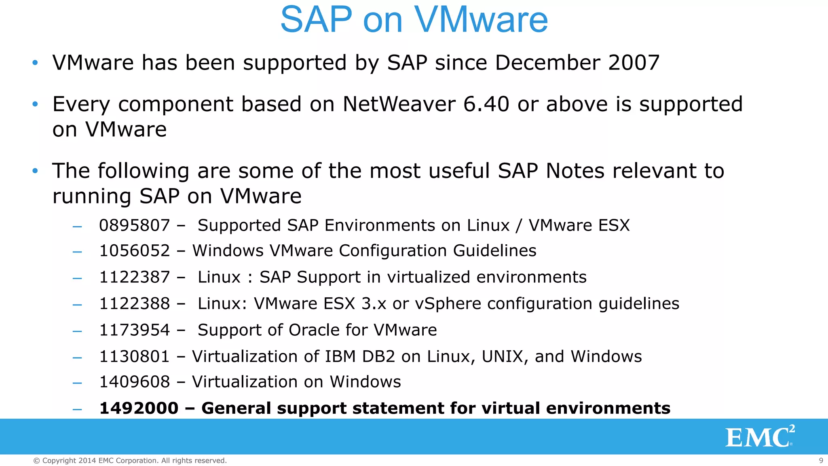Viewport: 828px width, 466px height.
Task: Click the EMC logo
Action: coord(760,437)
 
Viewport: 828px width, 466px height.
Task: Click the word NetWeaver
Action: coord(399,104)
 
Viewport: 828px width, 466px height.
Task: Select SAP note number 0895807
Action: coord(134,225)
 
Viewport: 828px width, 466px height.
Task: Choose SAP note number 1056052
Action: coord(134,251)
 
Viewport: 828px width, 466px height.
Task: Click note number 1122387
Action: coord(134,277)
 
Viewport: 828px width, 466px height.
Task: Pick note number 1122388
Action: coord(134,303)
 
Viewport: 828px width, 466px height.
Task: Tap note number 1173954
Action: coord(134,330)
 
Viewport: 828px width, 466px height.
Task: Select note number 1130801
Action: coord(134,356)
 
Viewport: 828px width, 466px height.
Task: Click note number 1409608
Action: coord(134,382)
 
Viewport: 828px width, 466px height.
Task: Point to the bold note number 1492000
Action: coord(139,408)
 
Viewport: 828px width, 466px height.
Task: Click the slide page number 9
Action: coord(821,460)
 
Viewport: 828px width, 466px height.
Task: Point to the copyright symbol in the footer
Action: coord(36,461)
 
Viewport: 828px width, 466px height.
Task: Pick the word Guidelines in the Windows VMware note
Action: coord(494,251)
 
